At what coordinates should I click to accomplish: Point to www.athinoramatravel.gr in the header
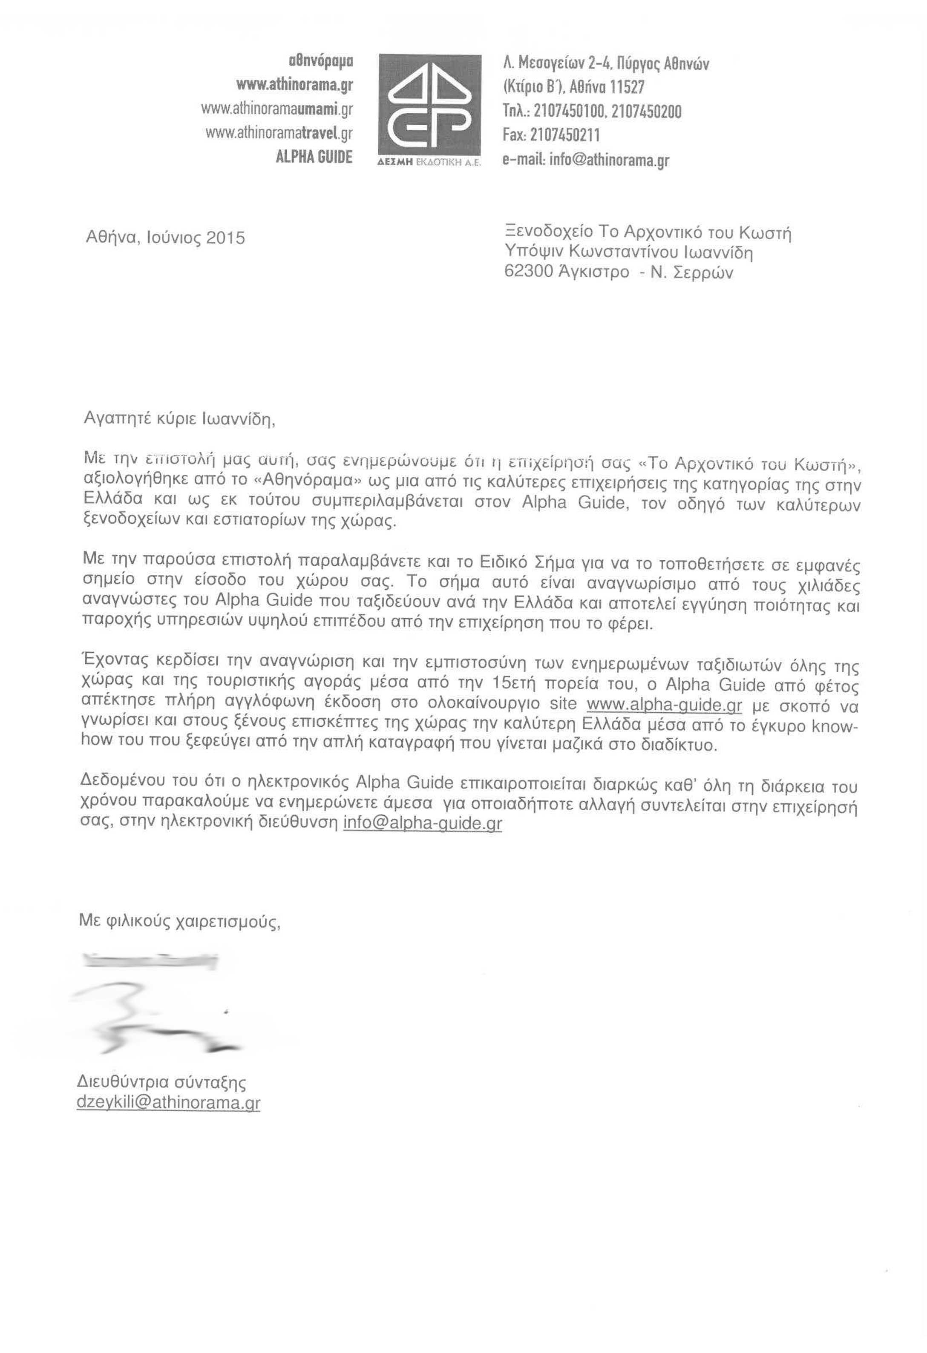(279, 133)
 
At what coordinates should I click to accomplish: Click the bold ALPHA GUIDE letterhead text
(314, 157)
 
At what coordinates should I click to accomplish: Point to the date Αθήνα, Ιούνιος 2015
(165, 238)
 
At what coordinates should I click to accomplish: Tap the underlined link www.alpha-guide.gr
(664, 705)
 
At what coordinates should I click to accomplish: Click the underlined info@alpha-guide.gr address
(423, 823)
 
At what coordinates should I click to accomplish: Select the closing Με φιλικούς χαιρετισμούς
(180, 922)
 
